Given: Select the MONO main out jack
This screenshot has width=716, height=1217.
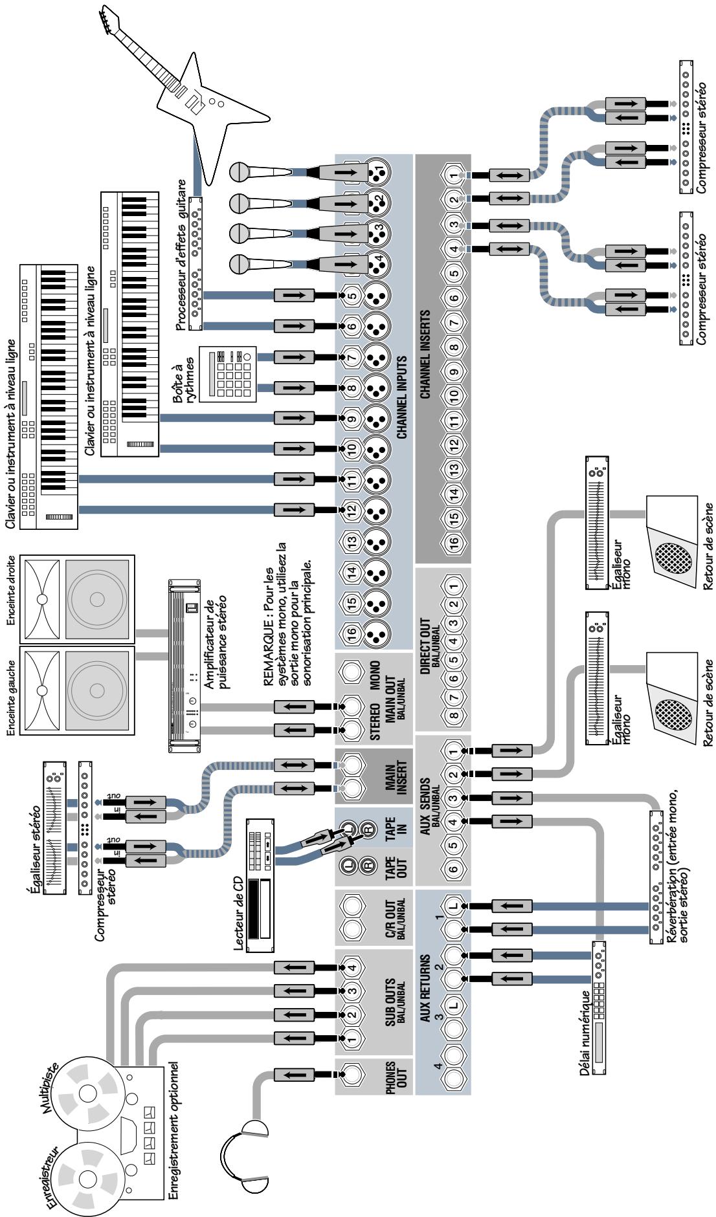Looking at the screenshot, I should (x=353, y=673).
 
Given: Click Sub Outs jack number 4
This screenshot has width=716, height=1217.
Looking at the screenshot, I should (x=352, y=968).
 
